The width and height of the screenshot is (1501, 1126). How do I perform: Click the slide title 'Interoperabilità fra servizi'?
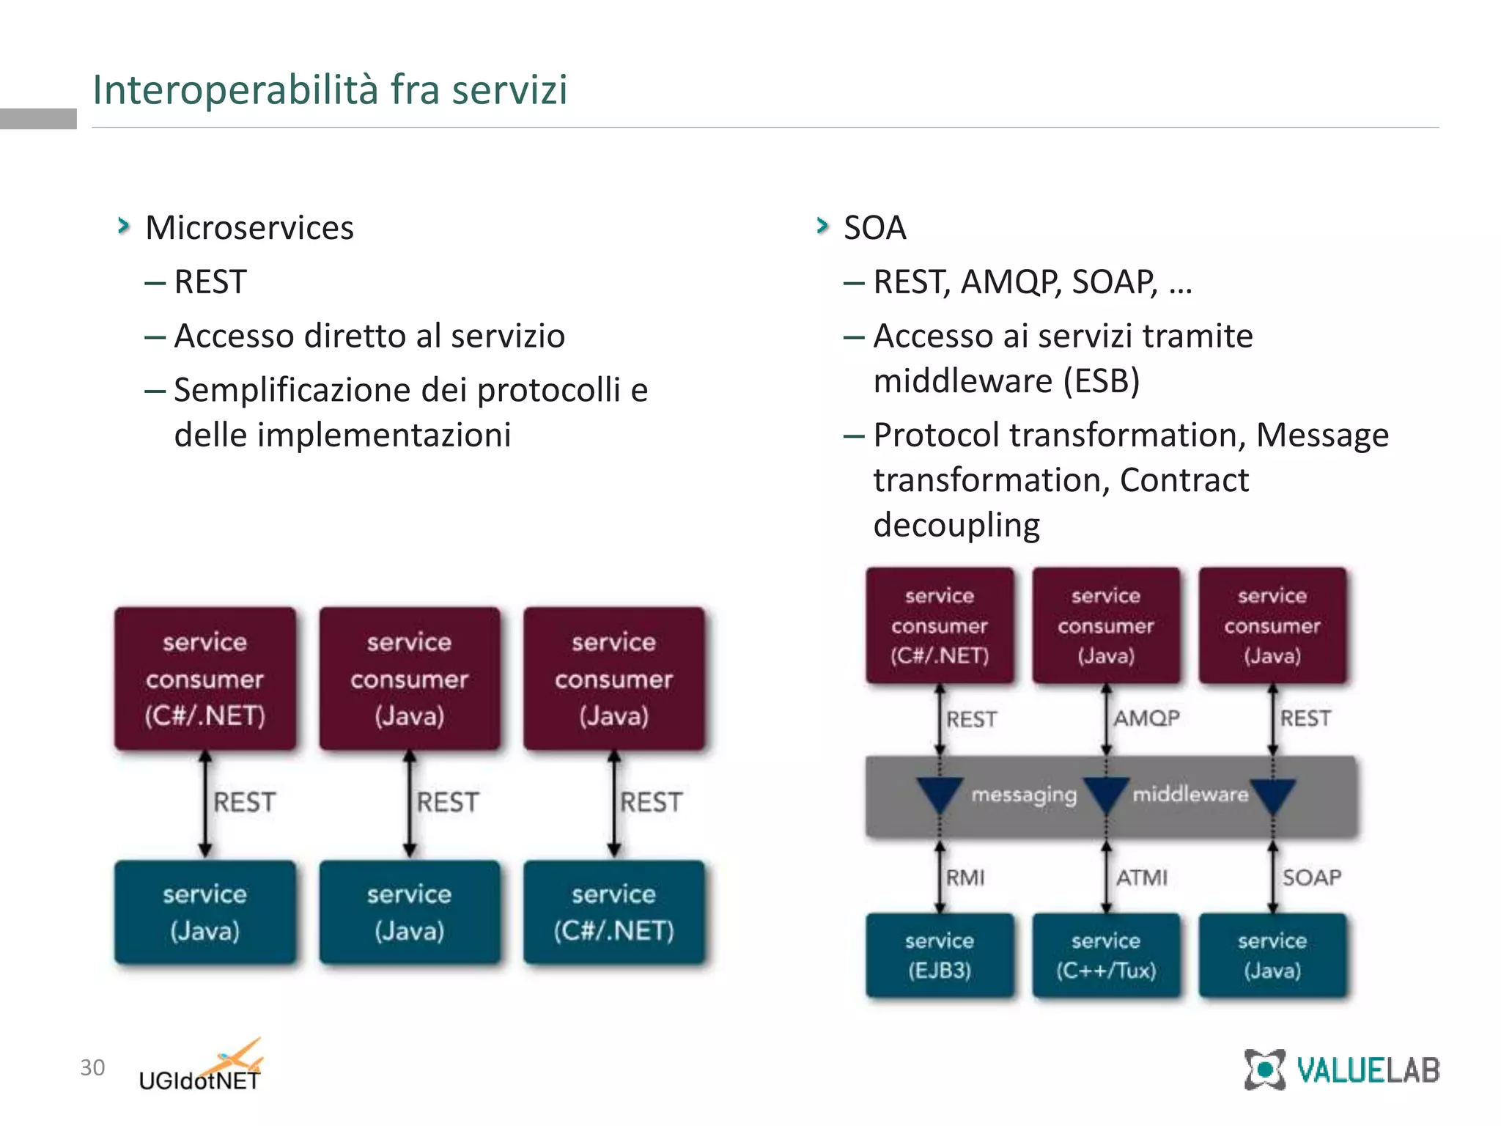click(x=330, y=89)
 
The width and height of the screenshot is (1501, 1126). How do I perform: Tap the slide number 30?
click(x=92, y=1067)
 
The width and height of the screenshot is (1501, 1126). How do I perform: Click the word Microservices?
click(x=249, y=228)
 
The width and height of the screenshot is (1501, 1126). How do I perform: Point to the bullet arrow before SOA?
click(x=822, y=226)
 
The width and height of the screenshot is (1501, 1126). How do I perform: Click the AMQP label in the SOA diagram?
click(x=1147, y=718)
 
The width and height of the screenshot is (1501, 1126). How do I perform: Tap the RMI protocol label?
click(x=965, y=877)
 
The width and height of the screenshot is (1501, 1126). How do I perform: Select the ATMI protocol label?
click(x=1142, y=877)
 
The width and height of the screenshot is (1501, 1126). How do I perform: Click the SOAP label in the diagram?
click(x=1312, y=877)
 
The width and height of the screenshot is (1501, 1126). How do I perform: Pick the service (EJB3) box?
click(x=940, y=955)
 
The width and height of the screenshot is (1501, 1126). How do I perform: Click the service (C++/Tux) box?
click(x=1106, y=955)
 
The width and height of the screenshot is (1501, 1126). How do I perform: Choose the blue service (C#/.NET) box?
click(x=614, y=912)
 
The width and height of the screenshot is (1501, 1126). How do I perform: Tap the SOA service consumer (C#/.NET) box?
click(x=940, y=625)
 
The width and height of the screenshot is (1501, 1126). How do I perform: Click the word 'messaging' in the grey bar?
click(x=1024, y=795)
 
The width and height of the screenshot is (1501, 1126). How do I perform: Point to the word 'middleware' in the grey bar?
click(x=1190, y=794)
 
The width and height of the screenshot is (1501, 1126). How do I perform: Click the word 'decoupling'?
click(x=956, y=526)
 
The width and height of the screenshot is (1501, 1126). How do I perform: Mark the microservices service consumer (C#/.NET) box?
click(x=205, y=678)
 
